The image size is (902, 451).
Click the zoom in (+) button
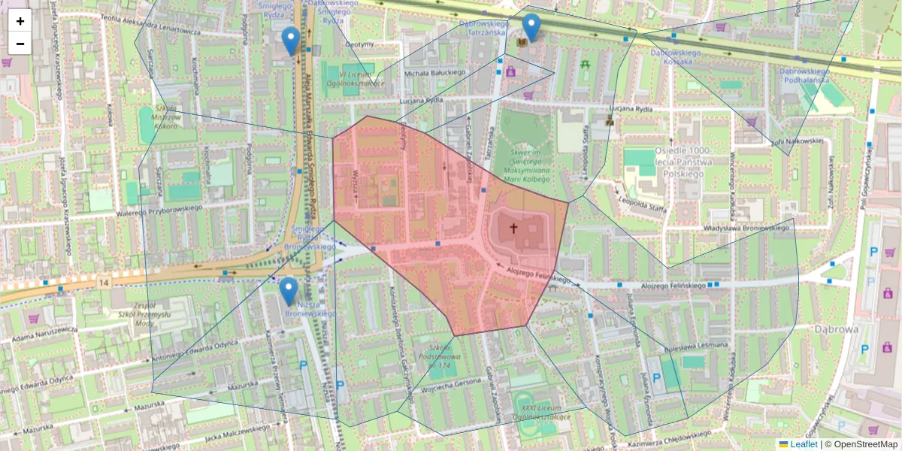[x=20, y=21]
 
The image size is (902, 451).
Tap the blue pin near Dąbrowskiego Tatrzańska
[x=531, y=28]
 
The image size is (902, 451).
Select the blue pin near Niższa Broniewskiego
[x=288, y=291]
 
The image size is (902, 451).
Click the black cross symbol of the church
[x=515, y=227]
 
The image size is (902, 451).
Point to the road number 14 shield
[x=103, y=281]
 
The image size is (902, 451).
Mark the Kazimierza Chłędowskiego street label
[x=669, y=435]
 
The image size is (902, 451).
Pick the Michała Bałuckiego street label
[x=434, y=72]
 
